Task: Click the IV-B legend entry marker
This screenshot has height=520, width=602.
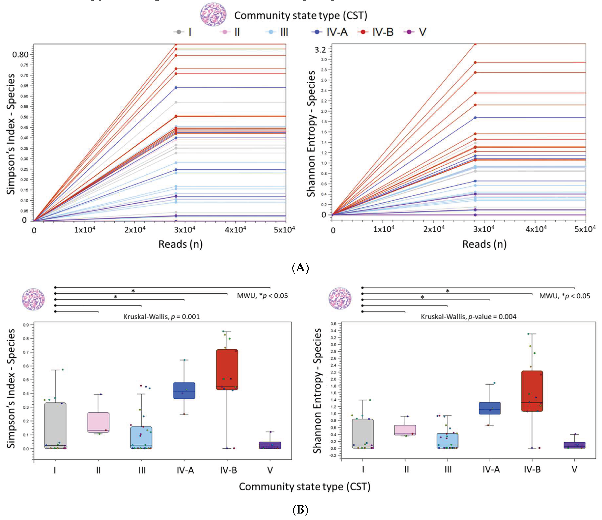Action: click(363, 32)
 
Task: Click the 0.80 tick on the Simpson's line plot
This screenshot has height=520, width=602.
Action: click(20, 55)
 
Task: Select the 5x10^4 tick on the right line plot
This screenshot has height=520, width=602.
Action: click(585, 229)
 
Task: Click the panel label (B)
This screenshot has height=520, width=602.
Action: click(300, 510)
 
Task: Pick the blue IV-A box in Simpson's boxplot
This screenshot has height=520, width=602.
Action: click(184, 391)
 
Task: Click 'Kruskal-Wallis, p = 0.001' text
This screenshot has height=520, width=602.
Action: click(162, 317)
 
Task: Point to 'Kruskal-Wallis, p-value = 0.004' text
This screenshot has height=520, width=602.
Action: click(468, 317)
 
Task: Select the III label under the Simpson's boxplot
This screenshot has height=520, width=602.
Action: click(142, 470)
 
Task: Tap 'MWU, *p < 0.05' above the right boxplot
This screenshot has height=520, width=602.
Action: click(564, 296)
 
